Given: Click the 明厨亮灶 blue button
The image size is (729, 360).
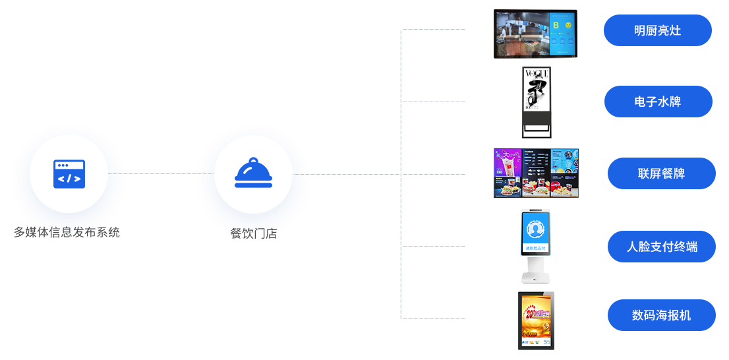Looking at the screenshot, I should click(x=657, y=30).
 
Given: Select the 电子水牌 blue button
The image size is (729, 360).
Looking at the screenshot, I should click(x=658, y=102).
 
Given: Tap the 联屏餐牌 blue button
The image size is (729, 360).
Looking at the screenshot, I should click(x=661, y=173).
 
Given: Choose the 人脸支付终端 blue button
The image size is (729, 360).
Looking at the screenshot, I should click(x=661, y=247).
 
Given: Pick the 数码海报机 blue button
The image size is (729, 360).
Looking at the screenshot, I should click(x=661, y=315).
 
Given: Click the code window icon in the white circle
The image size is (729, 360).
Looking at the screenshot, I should click(x=69, y=173).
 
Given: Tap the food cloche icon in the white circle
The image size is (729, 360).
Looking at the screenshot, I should click(x=253, y=173).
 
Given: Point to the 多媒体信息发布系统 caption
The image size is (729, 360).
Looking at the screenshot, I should click(x=69, y=232).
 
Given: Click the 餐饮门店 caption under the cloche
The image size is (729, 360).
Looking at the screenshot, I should click(x=253, y=233).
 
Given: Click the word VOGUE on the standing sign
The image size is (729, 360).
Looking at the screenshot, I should click(x=536, y=73).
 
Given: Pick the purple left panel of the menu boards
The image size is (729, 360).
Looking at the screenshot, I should click(x=508, y=173).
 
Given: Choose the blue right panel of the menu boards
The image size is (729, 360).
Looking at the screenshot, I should click(x=565, y=173).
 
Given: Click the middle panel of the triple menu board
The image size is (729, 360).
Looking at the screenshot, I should click(x=536, y=173).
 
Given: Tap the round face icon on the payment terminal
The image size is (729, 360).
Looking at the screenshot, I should click(x=536, y=229).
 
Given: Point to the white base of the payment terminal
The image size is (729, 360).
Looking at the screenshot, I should click(x=536, y=269).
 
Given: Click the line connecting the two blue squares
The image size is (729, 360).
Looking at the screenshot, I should click(x=161, y=174).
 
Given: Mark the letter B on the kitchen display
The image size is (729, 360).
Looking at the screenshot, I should click(x=556, y=25).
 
